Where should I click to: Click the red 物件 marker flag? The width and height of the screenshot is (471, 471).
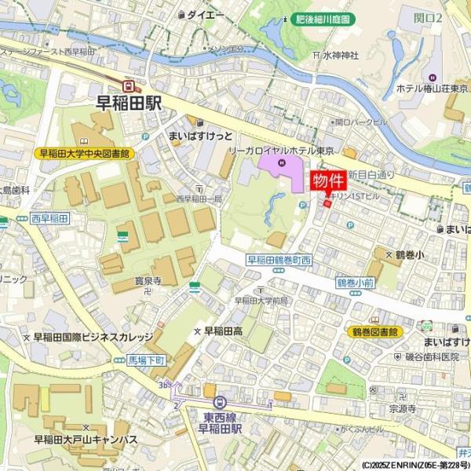tap(329, 181)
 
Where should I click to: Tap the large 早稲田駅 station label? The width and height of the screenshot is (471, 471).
tap(128, 102)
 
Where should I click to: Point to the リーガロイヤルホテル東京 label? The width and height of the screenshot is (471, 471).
tap(281, 150)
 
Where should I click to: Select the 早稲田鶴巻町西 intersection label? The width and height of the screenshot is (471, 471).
tap(279, 259)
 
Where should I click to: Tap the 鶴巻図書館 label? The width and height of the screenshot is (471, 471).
tap(374, 332)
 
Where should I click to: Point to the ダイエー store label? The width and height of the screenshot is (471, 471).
tap(206, 14)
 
